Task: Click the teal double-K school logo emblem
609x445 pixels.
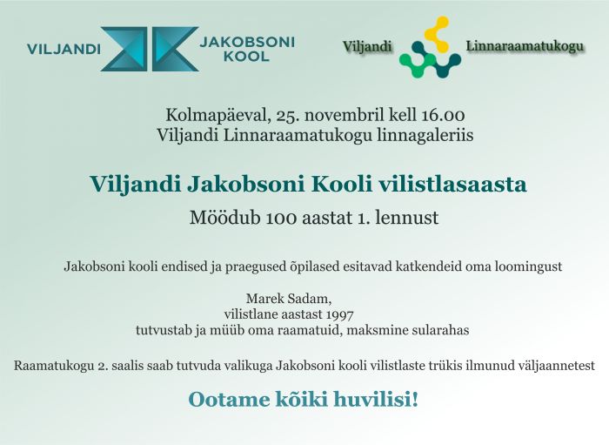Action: (150, 49)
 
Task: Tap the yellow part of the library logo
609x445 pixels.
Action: (437, 34)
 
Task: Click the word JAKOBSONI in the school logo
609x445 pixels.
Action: (247, 42)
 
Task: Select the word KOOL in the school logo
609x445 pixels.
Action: (246, 57)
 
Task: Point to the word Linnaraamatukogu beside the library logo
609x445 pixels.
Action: (525, 46)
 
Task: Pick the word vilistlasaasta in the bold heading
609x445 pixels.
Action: (452, 184)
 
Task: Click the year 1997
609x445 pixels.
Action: (340, 314)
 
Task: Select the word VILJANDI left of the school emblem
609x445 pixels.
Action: (64, 50)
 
